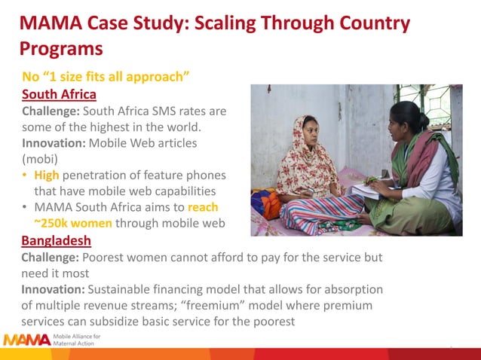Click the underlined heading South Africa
coord(59,94)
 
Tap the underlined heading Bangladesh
coord(57,241)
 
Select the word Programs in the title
coord(60,50)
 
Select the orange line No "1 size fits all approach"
coord(105,77)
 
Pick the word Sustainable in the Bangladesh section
coord(123,289)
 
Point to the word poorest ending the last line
coord(269,322)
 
